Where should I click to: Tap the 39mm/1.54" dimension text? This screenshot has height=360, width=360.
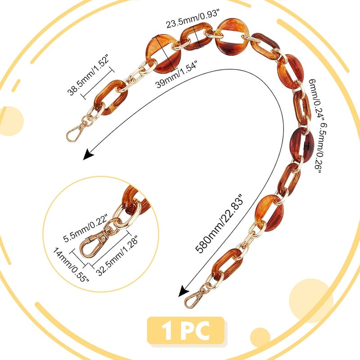(x=176, y=74)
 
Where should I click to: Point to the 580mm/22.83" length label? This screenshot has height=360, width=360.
(x=219, y=223)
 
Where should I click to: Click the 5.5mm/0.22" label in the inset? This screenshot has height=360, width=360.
(x=85, y=228)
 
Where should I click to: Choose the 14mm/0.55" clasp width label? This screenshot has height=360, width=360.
(x=71, y=265)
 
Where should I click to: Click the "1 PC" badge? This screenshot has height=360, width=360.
(x=186, y=331)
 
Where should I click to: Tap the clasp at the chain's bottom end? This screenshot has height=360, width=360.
(x=195, y=298)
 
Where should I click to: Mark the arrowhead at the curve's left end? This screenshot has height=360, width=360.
(x=88, y=154)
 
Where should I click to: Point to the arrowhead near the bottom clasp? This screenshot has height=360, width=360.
(x=184, y=291)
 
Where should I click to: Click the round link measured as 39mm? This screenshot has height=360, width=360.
(x=163, y=54)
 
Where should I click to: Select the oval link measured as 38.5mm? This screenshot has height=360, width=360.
(x=110, y=97)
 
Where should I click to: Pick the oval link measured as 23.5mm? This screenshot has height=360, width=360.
(x=196, y=36)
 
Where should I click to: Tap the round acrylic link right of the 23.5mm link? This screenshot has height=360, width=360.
(x=233, y=37)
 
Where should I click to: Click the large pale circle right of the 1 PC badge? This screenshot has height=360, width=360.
(x=311, y=301)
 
